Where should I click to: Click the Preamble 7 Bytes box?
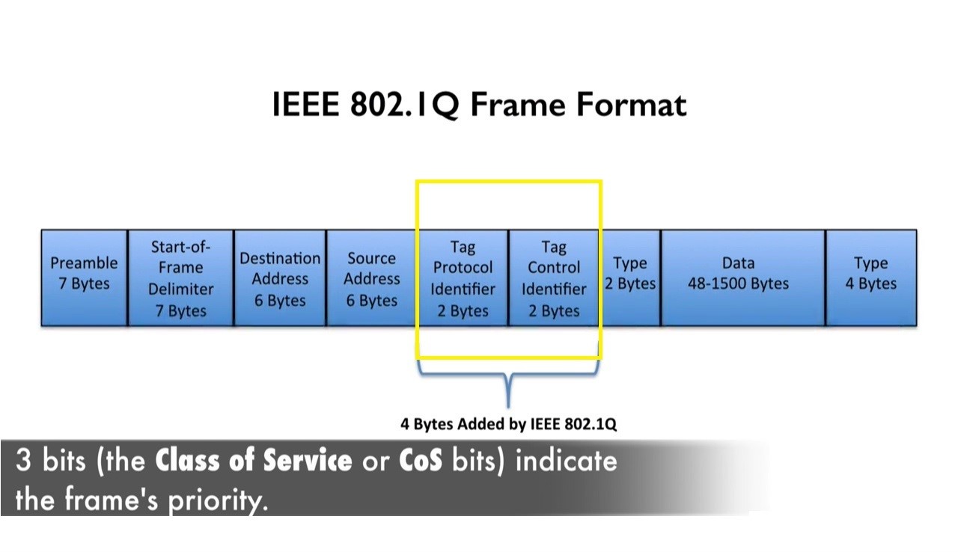84,277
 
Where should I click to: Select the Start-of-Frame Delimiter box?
180,277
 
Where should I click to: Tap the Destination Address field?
280,277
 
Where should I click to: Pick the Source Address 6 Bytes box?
371,277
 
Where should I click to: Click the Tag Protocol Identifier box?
463,277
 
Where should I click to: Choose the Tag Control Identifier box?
554,277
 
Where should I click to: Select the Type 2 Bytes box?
629,277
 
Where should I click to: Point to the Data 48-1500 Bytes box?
742,277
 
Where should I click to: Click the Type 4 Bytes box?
870,277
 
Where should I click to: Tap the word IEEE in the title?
305,105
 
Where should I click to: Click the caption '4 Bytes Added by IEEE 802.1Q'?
509,424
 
